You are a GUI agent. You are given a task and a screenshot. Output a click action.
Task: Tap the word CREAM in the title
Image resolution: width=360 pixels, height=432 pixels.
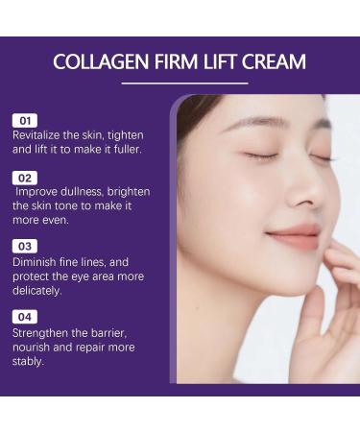pos(273,62)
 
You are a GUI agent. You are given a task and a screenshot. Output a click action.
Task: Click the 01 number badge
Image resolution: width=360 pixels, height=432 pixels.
pos(24,121)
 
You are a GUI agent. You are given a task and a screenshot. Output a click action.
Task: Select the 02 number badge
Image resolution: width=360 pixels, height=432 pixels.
pos(24,178)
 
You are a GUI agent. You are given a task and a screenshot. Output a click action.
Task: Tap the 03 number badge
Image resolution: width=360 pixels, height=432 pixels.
pos(24,247)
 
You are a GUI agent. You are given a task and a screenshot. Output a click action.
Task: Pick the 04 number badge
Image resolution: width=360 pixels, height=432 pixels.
pos(24,316)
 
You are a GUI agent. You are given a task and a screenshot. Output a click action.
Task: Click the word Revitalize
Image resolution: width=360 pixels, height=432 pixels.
pos(35,135)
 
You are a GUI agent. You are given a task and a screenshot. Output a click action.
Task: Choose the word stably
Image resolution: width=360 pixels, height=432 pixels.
pos(28,362)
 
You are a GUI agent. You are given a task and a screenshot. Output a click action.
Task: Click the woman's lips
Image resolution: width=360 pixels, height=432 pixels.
pos(294,236)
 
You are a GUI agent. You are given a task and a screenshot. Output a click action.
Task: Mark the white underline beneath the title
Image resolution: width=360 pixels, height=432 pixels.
pos(180,84)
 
